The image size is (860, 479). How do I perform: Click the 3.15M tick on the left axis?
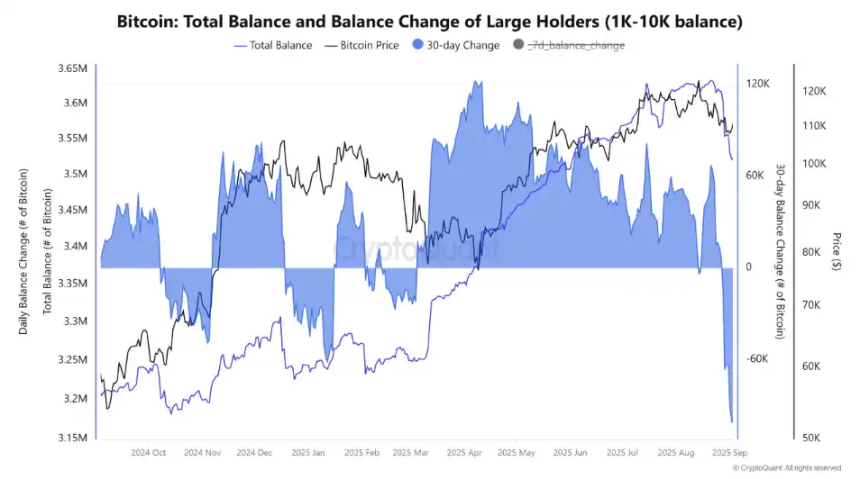(x=71, y=438)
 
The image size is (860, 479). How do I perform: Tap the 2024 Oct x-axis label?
(x=149, y=453)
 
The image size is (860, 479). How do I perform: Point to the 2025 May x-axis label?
(x=516, y=453)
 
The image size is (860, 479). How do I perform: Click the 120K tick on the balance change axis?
(x=757, y=84)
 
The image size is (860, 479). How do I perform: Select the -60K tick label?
(x=757, y=359)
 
